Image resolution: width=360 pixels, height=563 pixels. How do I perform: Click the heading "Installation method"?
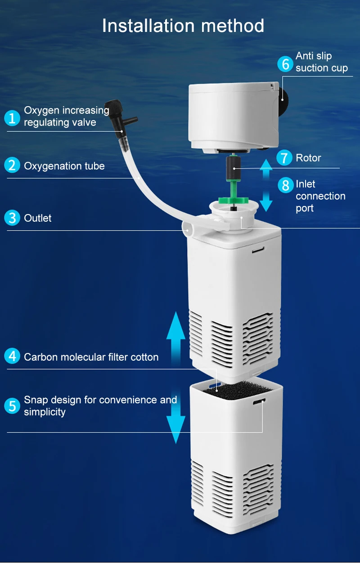(183, 26)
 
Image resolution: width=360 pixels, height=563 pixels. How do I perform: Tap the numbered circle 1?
(12, 118)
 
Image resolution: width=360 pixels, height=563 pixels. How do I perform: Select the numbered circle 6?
(285, 63)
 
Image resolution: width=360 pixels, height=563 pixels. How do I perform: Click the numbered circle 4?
(12, 356)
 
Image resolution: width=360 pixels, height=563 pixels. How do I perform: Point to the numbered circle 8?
(285, 185)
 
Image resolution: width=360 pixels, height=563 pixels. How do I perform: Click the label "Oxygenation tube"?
(64, 166)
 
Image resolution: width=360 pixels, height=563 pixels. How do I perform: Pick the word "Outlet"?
(37, 218)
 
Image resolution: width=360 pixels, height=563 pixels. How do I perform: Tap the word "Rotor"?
(308, 158)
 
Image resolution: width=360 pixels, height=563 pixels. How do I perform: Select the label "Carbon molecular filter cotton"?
(91, 357)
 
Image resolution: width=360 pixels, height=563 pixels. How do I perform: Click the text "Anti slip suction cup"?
(321, 62)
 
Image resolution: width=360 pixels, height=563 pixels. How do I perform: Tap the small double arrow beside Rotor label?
(266, 184)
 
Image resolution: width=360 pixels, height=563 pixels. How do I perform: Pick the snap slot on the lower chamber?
(258, 401)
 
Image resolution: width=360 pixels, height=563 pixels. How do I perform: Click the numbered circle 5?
(12, 406)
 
